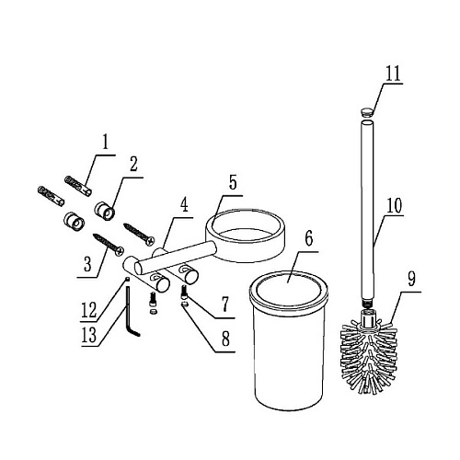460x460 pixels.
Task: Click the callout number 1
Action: pos(106,143)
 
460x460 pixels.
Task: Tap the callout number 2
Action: pos(133,165)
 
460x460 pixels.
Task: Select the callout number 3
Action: pos(87,264)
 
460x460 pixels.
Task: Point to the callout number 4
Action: pos(184,205)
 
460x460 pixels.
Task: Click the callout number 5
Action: pos(233,182)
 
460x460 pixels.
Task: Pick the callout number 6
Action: pos(309,238)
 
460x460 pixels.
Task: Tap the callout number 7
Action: pos(225,305)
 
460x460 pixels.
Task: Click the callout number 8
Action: pos(225,339)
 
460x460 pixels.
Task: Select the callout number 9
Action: pos(411,280)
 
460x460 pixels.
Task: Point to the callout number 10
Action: pos(394,206)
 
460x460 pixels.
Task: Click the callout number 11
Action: pos(394,74)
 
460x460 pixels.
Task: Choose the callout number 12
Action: pos(89,310)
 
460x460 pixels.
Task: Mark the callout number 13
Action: pos(89,335)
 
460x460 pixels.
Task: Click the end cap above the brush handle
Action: pos(367,111)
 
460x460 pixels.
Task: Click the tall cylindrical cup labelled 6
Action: pos(289,340)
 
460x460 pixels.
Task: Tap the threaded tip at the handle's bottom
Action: pos(367,304)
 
